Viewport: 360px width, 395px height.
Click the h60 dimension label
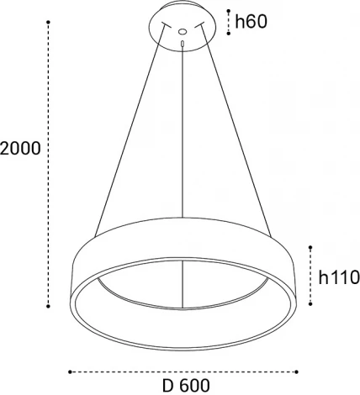pos(251,22)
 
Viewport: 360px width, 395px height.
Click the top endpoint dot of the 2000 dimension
pos(49,24)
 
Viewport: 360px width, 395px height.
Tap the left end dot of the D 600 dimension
pos(70,370)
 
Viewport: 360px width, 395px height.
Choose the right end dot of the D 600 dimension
pos(296,370)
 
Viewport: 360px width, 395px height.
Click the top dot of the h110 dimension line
pos(310,247)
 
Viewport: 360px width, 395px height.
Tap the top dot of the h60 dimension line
pos(228,10)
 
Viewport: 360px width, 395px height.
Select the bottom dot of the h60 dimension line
pos(228,34)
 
